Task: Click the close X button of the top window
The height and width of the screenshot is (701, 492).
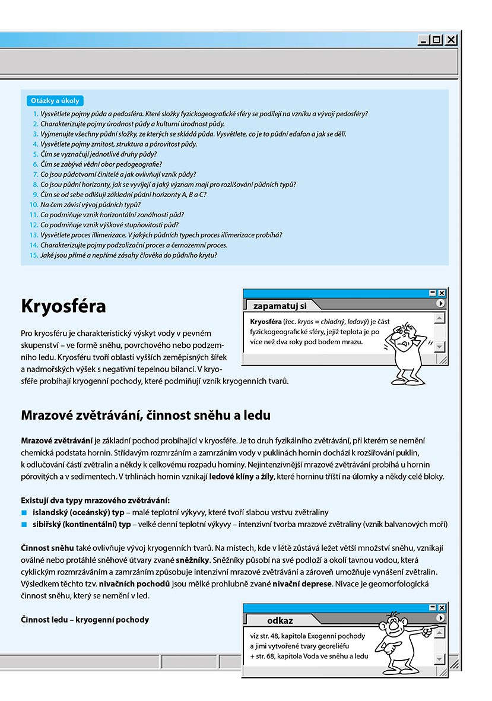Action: click(452, 40)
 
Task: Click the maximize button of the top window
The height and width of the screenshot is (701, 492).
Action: click(437, 40)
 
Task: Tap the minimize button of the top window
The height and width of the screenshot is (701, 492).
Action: click(424, 40)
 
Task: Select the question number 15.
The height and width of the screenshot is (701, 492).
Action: click(33, 255)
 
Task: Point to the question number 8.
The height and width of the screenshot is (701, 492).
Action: click(35, 185)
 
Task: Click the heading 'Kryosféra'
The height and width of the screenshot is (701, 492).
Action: click(64, 306)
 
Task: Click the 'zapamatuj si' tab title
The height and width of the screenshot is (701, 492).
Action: click(280, 306)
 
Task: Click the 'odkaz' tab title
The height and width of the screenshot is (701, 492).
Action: click(280, 620)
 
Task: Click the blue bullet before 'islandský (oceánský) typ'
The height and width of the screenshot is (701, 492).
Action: click(24, 512)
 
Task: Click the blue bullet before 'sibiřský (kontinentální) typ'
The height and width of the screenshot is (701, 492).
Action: click(24, 525)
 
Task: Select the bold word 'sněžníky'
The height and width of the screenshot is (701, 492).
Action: click(192, 560)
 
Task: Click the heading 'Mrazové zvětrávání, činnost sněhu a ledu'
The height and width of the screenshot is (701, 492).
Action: click(145, 415)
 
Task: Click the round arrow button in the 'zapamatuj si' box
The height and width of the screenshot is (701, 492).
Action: click(440, 303)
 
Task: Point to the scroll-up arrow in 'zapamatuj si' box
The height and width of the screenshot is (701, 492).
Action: click(439, 318)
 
